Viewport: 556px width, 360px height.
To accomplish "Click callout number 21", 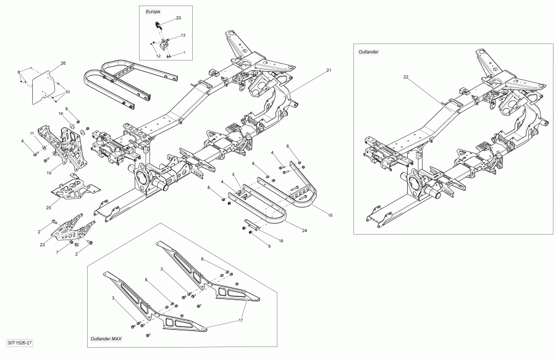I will pos(329,70).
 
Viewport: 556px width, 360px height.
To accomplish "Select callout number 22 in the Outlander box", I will pos(406,77).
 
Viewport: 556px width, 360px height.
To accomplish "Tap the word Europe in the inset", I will pos(153,12).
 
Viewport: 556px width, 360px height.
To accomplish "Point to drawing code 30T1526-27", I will pos(20,341).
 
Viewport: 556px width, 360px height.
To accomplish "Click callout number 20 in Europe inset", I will pos(179,18).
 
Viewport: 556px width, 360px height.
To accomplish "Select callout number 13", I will pos(183,36).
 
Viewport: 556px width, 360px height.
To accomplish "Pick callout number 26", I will pos(63,63).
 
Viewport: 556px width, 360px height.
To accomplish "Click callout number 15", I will pos(331,215).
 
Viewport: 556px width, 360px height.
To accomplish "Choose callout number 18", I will pos(281,240).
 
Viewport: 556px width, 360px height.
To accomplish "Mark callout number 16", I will pos(61,114).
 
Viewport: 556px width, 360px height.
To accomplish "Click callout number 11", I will pos(31,133).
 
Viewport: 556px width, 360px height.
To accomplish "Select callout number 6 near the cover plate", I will pos(19,73).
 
